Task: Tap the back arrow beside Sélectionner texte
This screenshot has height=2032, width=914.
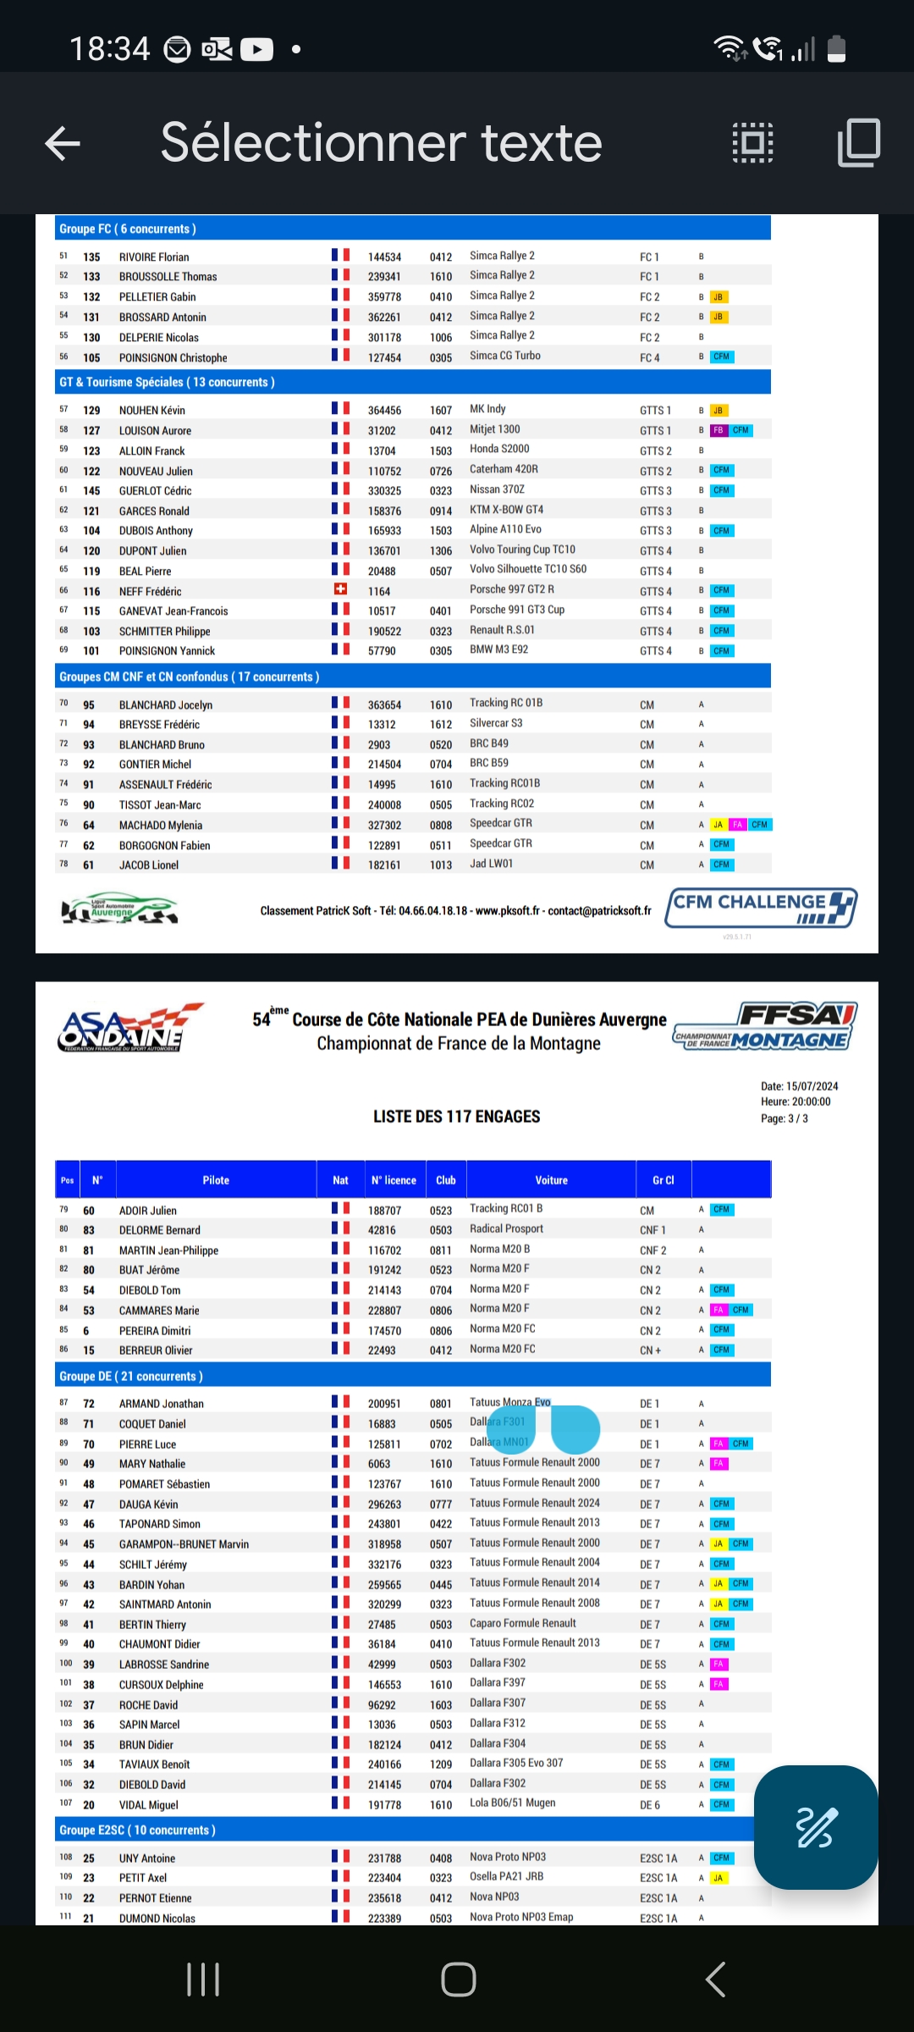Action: [63, 143]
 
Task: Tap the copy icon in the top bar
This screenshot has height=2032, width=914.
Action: [859, 142]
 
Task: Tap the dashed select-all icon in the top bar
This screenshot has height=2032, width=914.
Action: [752, 142]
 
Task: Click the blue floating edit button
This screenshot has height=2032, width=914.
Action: [815, 1826]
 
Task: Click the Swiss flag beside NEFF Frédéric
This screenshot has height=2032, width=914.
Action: [340, 589]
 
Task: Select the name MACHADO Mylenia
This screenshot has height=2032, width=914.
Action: [161, 825]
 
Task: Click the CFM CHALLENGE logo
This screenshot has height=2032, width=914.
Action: [761, 908]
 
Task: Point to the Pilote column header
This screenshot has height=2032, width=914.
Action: [216, 1180]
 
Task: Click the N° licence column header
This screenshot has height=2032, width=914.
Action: [394, 1180]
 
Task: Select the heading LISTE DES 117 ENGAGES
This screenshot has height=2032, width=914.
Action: [456, 1117]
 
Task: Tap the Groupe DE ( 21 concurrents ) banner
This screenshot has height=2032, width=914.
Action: [131, 1377]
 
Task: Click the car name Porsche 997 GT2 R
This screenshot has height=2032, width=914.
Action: [512, 589]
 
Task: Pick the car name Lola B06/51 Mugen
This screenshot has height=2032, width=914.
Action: [513, 1803]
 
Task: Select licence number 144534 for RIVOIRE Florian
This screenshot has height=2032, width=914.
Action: [384, 257]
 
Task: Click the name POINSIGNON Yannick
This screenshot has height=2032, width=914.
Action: [167, 651]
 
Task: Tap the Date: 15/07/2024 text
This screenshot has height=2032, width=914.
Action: [799, 1086]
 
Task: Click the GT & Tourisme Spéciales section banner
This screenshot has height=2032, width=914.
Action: [167, 383]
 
